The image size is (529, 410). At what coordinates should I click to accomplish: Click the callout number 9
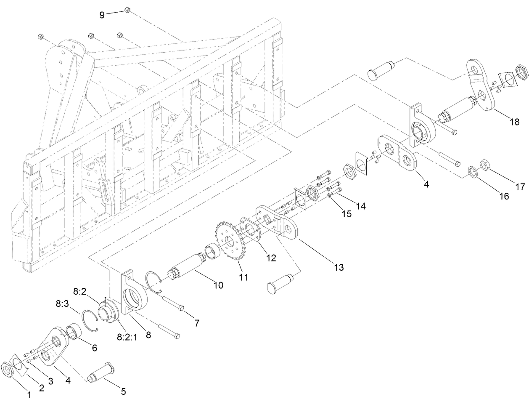[x=102, y=15]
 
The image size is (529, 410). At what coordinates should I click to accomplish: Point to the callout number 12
[x=271, y=258]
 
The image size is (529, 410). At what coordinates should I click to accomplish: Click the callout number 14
[x=360, y=206]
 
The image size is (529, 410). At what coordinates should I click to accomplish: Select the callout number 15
[x=346, y=214]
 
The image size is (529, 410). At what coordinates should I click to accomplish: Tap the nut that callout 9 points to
[x=127, y=10]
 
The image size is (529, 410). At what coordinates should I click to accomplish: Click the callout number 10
[x=218, y=285]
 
